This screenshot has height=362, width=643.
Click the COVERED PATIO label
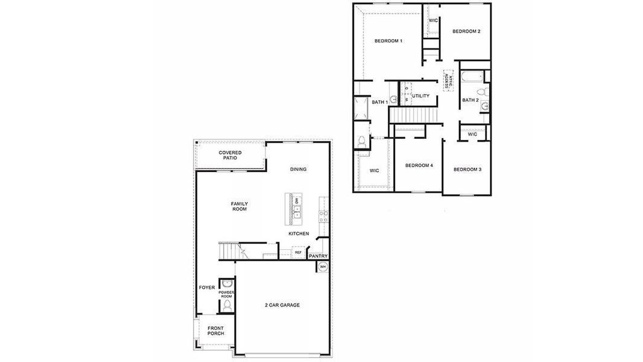230,155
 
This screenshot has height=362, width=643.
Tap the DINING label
298,169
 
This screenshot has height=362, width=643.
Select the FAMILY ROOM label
239,206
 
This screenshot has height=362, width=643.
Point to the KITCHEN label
299,233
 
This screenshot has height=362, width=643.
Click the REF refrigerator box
298,252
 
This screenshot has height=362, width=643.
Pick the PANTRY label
318,256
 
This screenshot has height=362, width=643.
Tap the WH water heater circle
323,267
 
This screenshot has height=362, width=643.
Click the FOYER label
207,287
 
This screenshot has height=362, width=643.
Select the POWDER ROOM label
226,294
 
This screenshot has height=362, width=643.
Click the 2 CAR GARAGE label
282,305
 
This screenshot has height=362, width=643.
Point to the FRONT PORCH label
215,331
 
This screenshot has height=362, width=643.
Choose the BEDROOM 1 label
388,41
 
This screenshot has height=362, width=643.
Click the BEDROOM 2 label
466,31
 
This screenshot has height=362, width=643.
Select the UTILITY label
420,96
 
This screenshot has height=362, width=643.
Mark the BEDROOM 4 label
419,165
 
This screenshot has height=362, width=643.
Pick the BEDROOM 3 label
467,170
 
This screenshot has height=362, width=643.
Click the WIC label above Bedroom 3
472,134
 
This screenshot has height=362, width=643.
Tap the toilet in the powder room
227,306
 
